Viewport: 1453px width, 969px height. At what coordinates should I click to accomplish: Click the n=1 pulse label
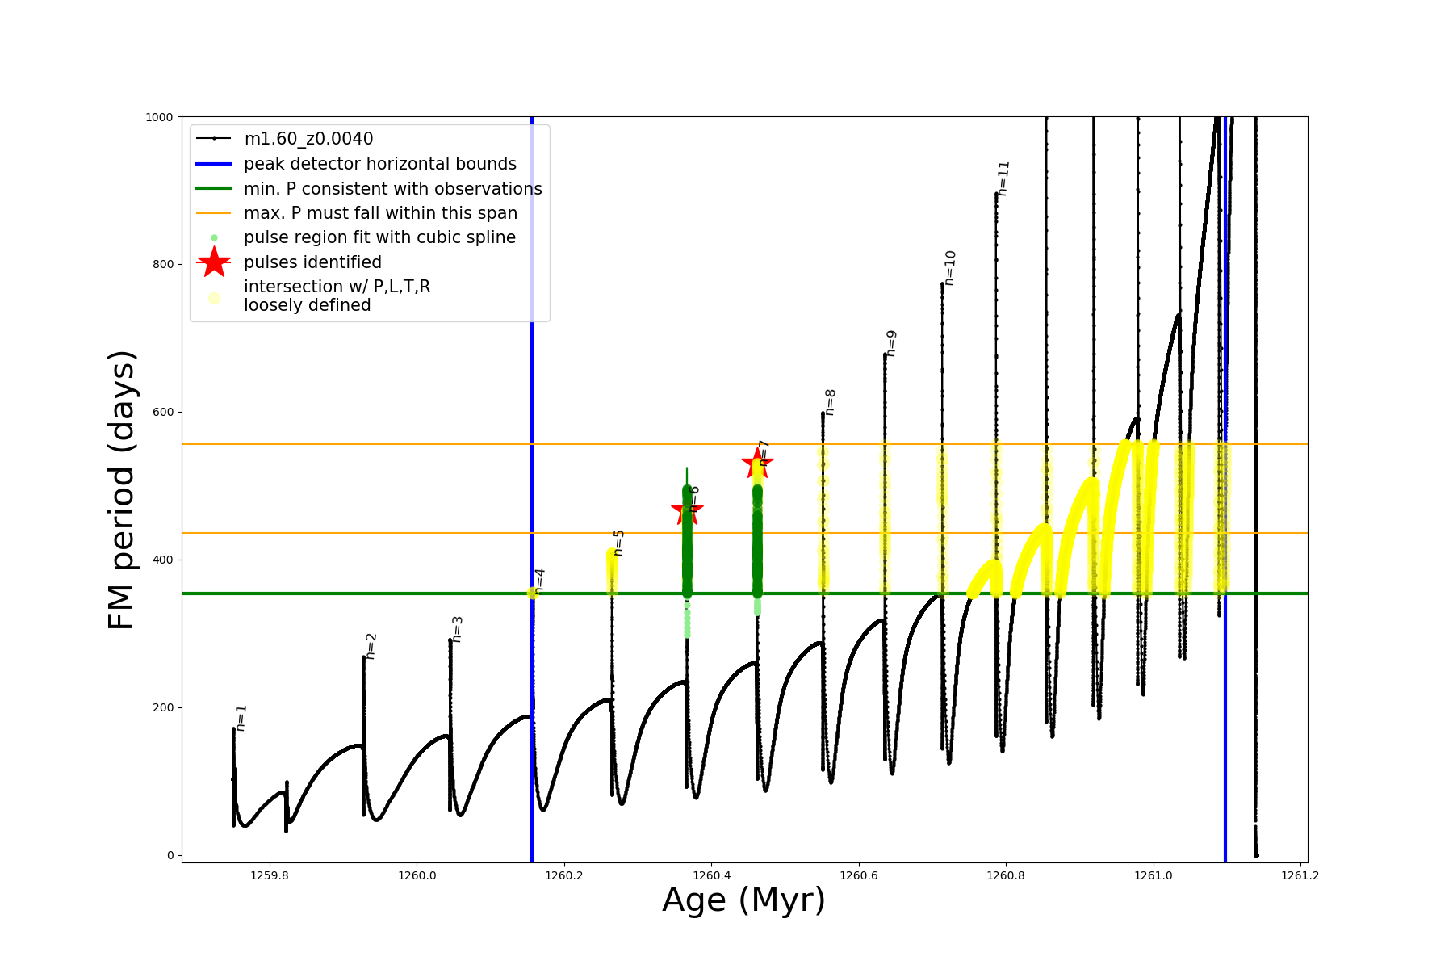[x=241, y=718]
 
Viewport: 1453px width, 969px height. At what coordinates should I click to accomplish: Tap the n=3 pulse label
[x=457, y=629]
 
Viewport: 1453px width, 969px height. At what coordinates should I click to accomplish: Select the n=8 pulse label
[x=830, y=402]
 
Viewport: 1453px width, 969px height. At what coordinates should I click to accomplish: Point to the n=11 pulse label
[x=1003, y=178]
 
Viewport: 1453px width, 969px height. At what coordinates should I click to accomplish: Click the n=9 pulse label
[x=891, y=343]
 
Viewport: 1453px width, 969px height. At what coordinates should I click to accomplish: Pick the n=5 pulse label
[x=618, y=543]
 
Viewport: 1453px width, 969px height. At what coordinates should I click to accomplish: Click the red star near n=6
[x=687, y=510]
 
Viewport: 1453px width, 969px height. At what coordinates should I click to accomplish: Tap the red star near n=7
[x=757, y=463]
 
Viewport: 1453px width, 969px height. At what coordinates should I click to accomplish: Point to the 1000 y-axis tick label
[x=159, y=117]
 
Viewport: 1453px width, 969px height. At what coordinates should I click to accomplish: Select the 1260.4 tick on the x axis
[x=711, y=875]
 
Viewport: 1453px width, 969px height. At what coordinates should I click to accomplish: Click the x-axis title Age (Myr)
[x=743, y=900]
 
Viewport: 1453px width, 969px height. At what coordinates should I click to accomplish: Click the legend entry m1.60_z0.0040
[x=308, y=139]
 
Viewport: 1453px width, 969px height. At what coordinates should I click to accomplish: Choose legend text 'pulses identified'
[x=312, y=262]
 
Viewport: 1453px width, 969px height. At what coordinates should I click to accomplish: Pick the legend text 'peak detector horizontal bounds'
[x=380, y=164]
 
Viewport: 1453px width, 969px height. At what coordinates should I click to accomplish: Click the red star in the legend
[x=214, y=262]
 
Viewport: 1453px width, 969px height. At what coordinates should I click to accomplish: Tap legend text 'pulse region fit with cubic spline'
[x=379, y=237]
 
